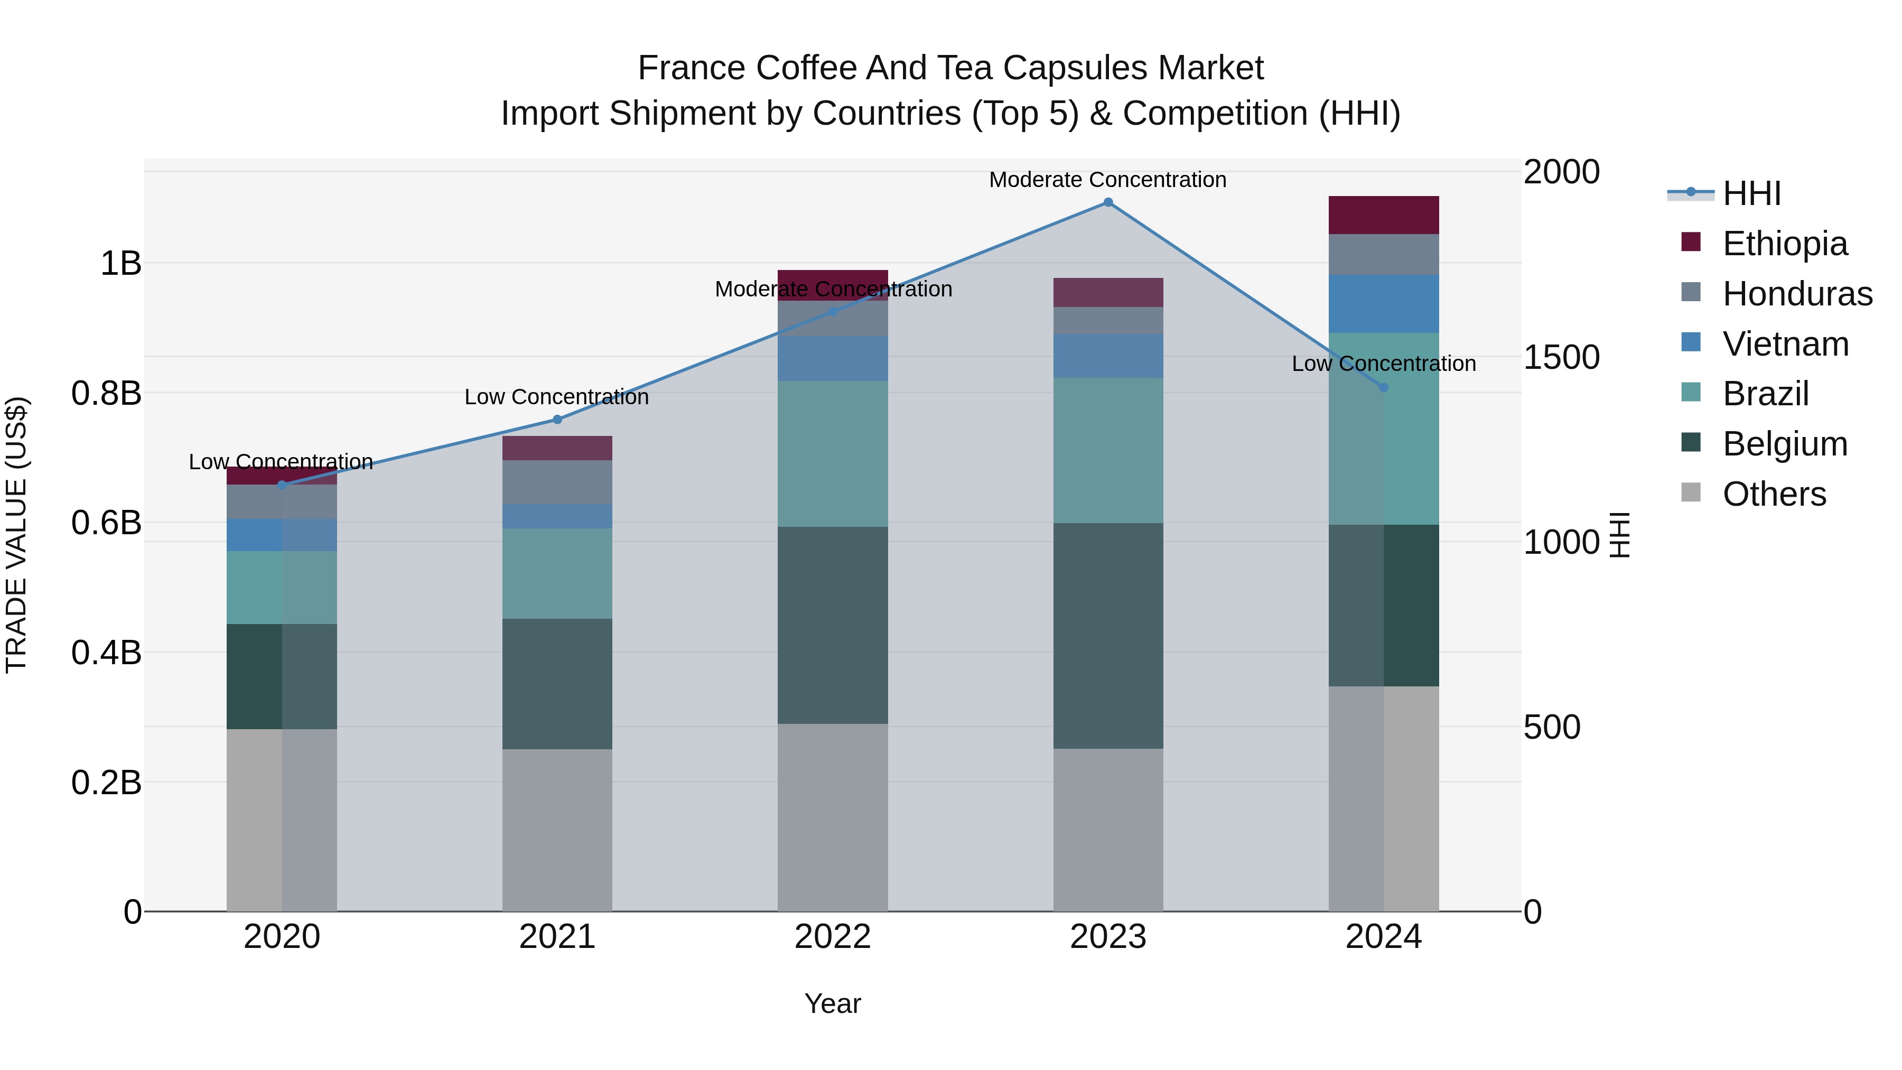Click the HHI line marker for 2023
[1107, 202]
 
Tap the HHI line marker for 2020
[281, 485]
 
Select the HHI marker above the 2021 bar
[557, 420]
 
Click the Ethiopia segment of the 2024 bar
[1384, 215]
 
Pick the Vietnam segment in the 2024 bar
[1384, 303]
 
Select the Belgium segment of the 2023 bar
[1107, 635]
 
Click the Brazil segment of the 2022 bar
[832, 453]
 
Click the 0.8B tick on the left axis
[106, 393]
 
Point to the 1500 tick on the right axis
[1561, 357]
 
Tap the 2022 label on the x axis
[832, 937]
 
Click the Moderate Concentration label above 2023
[1107, 180]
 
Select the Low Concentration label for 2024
[1384, 364]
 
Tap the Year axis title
[832, 1003]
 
